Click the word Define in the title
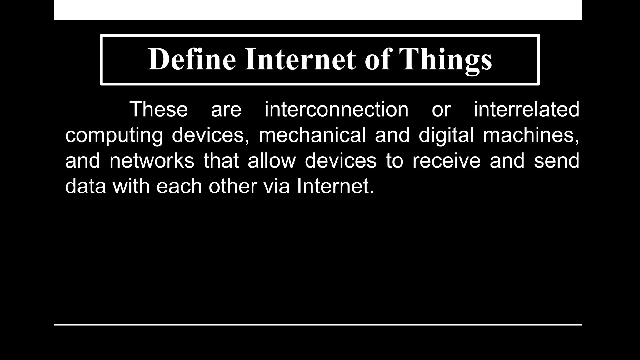192,59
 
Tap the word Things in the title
445,59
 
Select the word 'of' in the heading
377,59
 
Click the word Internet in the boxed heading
300,59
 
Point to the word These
159,109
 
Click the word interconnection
337,109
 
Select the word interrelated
526,109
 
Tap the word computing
114,135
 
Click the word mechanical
312,135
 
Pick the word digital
446,135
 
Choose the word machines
531,135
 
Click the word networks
152,161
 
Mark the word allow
272,161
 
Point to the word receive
446,161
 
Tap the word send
556,161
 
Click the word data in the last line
86,186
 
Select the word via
277,186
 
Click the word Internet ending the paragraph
335,186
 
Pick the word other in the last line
233,186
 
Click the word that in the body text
221,161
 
